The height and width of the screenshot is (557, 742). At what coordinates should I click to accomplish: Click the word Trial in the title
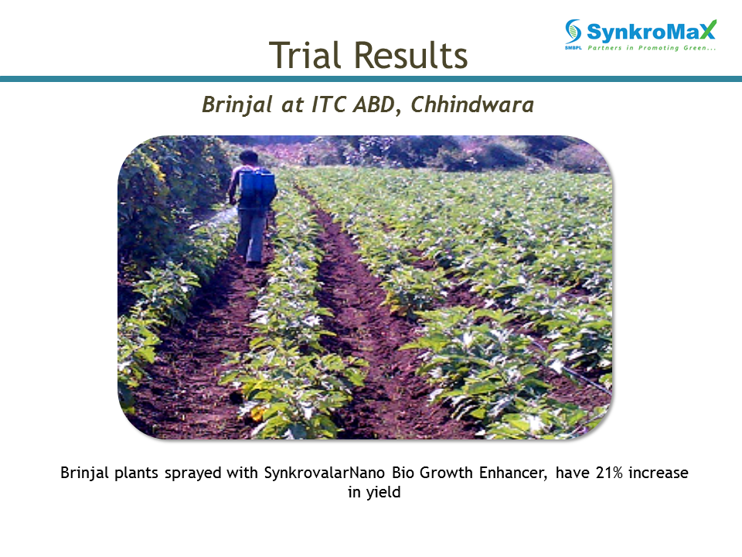click(x=305, y=55)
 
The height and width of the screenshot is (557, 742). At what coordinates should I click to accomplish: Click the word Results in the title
click(x=410, y=55)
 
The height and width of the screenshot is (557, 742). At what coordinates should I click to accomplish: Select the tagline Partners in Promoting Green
click(x=652, y=48)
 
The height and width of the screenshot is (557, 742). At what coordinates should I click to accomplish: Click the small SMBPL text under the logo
click(x=573, y=48)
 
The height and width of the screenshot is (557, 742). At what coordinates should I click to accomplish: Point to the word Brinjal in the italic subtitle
click(x=237, y=104)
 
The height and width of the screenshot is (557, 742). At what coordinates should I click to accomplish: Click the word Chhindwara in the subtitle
click(x=472, y=104)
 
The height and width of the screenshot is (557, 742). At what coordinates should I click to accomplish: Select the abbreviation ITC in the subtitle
click(x=329, y=104)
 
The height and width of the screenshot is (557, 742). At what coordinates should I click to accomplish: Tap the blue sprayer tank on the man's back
click(x=257, y=188)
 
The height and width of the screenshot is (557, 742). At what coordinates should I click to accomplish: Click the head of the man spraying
click(x=248, y=157)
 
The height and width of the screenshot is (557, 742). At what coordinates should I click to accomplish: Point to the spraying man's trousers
click(x=251, y=235)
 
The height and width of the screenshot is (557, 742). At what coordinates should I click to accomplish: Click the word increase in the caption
click(x=658, y=473)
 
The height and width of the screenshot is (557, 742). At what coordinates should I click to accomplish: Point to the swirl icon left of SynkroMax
click(x=573, y=31)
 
